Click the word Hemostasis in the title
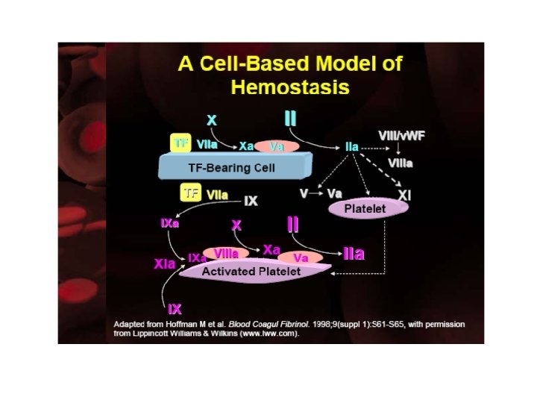290,88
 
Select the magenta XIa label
164,263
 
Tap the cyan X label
212,120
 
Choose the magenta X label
236,225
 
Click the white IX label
251,201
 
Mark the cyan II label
290,119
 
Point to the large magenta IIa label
354,254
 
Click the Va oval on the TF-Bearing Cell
277,146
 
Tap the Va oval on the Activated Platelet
301,257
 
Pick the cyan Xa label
247,146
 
